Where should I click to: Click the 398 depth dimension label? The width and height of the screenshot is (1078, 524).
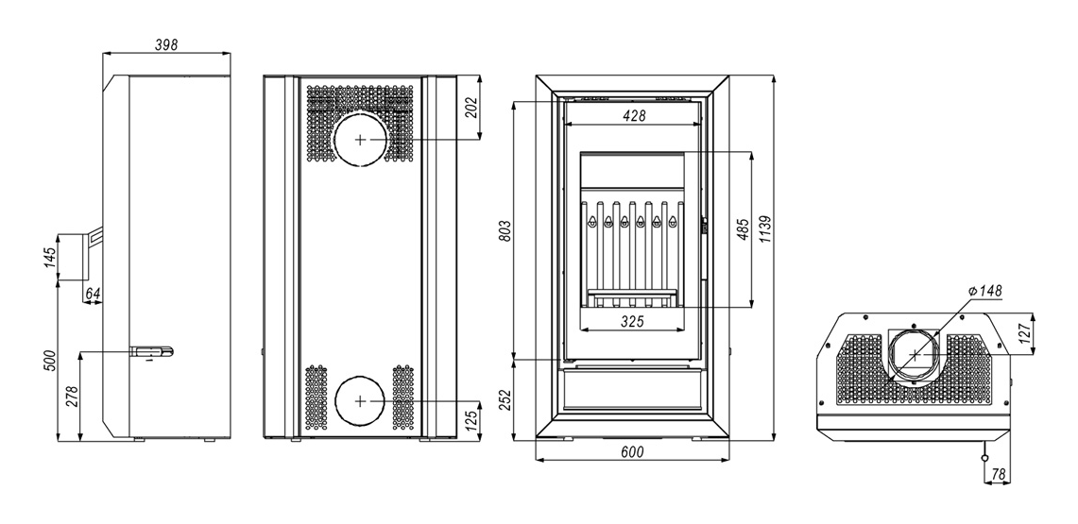point(166,45)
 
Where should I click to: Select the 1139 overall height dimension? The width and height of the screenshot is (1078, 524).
point(766,233)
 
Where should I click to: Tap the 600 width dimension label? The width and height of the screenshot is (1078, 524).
point(632,452)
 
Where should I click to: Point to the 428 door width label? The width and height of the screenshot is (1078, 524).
point(634,116)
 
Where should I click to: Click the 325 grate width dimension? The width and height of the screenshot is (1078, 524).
point(632,321)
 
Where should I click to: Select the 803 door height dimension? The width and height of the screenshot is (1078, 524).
point(505,231)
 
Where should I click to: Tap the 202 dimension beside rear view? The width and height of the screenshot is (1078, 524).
point(471,107)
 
